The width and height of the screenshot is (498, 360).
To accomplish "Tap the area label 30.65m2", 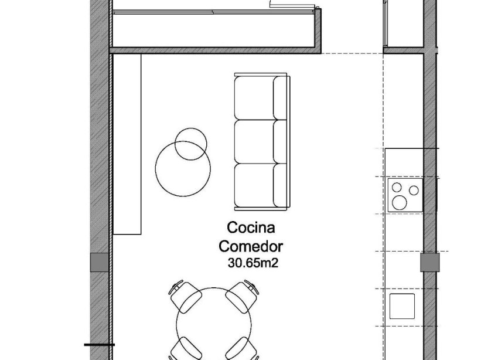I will [x=251, y=263].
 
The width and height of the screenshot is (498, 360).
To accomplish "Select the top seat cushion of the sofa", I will [x=255, y=97].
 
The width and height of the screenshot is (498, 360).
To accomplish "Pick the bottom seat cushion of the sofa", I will [x=255, y=185].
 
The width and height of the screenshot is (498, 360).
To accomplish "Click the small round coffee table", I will [x=191, y=144].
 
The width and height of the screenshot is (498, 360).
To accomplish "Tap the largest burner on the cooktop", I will [x=401, y=202].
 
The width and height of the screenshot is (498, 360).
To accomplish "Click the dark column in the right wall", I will [x=429, y=262].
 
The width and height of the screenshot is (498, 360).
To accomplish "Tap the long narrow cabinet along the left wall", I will [x=127, y=144].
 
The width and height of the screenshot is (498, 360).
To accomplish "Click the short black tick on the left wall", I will [x=99, y=345].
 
